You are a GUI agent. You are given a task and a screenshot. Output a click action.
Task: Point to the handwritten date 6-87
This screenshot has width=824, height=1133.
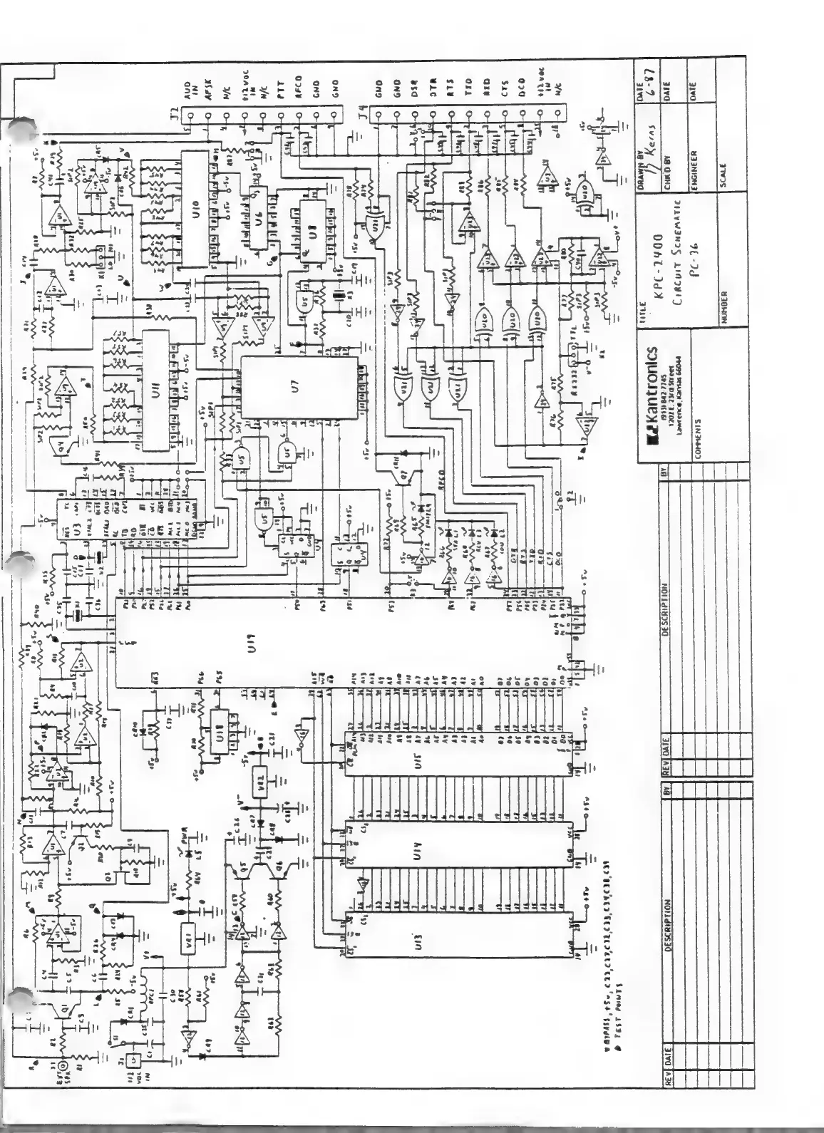[x=654, y=85]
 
